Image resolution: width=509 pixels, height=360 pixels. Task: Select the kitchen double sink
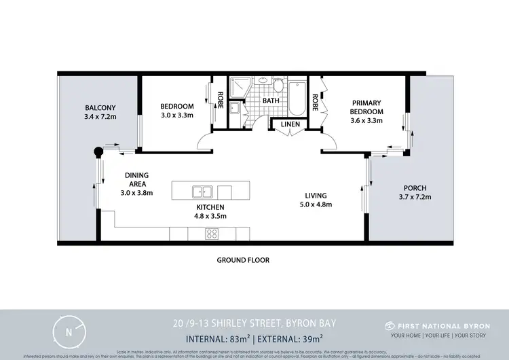pyautogui.click(x=202, y=191)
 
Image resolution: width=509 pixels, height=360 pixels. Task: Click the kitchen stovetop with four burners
pyautogui.click(x=212, y=234)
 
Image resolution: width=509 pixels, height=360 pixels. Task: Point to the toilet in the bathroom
pyautogui.click(x=278, y=86)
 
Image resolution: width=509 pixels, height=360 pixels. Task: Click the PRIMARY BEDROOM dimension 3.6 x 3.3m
pyautogui.click(x=366, y=120)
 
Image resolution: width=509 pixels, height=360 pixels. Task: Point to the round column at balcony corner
pyautogui.click(x=98, y=151)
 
